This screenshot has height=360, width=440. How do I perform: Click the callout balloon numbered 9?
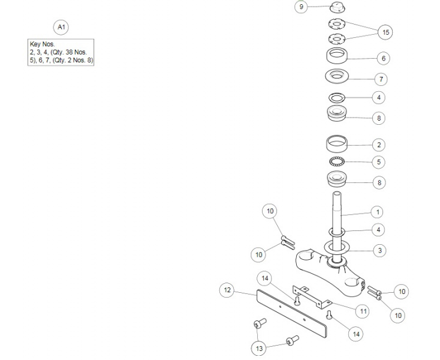[x=302, y=7]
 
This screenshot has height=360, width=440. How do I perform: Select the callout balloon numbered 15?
[x=385, y=32]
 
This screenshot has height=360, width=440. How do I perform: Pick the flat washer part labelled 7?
[x=339, y=77]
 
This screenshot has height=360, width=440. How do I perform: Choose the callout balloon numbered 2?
[x=378, y=145]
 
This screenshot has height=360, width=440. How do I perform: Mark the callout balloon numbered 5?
[x=378, y=162]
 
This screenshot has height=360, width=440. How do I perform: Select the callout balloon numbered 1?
[x=378, y=212]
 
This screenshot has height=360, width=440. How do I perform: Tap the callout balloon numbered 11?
[x=363, y=311]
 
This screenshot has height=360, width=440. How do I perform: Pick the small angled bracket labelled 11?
[x=312, y=296]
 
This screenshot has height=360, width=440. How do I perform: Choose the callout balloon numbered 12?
[x=227, y=290]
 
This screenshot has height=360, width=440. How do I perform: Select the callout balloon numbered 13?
[x=260, y=348]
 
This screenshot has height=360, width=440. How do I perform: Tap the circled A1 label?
[x=61, y=27]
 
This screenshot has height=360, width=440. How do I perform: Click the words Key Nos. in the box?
[x=42, y=45]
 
